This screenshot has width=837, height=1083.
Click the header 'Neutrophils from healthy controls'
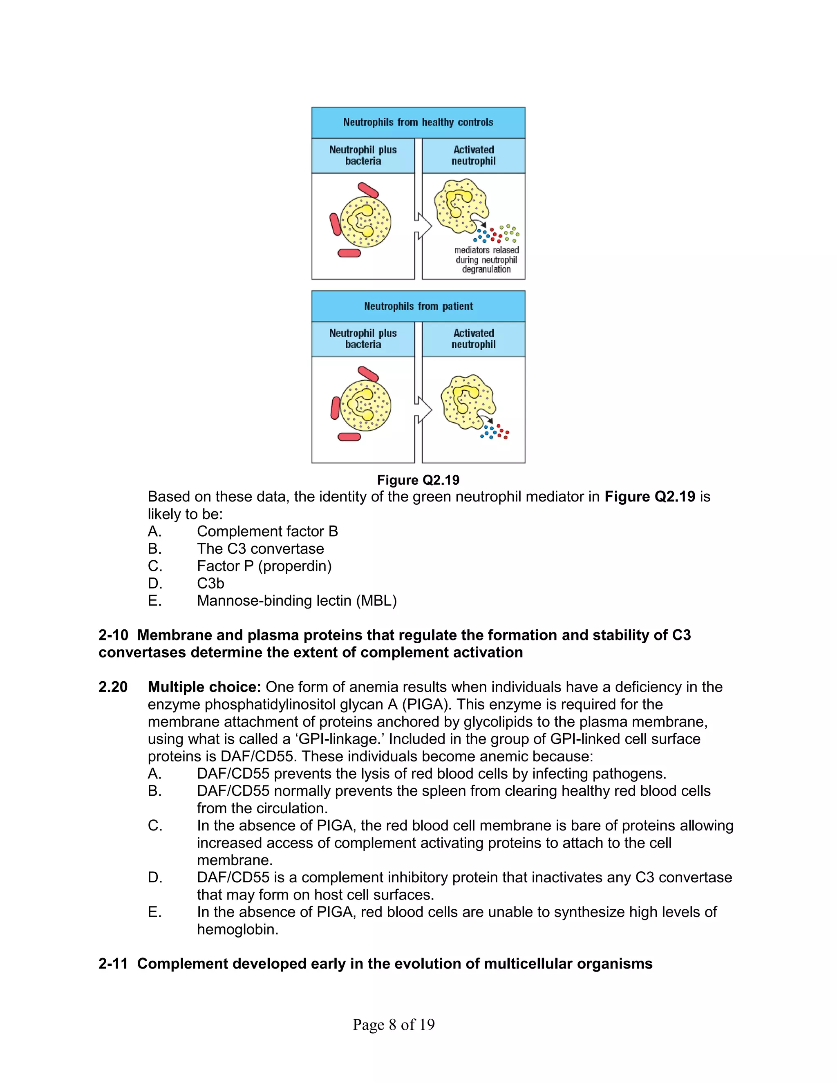(x=418, y=122)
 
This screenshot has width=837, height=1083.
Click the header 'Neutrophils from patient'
(x=418, y=306)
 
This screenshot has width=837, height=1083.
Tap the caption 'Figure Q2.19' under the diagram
(x=418, y=479)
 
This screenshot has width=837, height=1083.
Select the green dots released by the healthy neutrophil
(x=510, y=233)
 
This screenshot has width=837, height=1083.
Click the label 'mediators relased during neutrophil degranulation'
(x=486, y=260)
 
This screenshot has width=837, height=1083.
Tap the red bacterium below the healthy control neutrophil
(x=349, y=253)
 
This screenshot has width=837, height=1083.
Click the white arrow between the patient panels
(x=423, y=409)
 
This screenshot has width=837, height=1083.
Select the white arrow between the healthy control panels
(x=423, y=226)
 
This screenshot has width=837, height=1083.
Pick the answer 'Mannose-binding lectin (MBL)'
(x=297, y=600)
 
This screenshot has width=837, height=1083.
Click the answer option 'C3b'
(x=210, y=583)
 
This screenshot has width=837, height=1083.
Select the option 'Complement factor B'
(x=267, y=531)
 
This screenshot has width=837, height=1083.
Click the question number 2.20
(x=113, y=687)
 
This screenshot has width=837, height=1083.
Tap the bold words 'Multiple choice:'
(x=204, y=687)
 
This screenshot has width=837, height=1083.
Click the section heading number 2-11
(x=113, y=964)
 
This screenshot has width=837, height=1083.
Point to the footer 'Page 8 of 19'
(x=394, y=1025)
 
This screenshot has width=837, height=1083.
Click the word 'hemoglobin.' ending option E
(x=237, y=929)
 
